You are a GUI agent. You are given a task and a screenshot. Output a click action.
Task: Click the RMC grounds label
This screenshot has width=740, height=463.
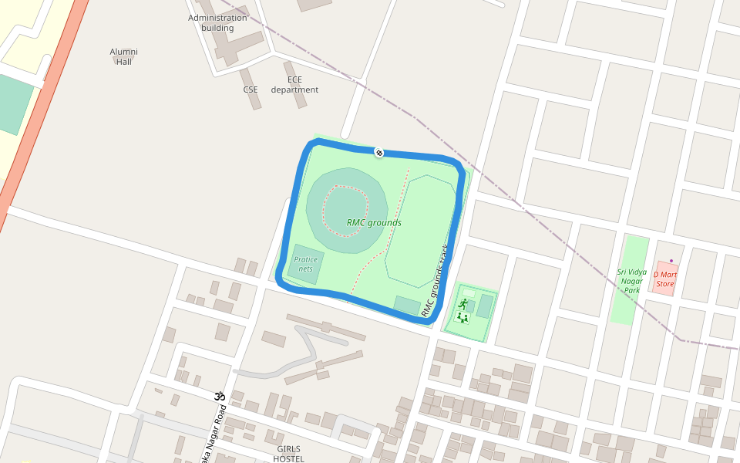click(374, 223)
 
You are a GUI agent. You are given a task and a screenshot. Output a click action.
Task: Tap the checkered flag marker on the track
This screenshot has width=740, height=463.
click(379, 152)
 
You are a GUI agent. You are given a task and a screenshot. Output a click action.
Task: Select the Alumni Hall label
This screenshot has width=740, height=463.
click(123, 56)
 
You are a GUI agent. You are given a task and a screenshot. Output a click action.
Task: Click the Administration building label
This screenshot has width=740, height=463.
click(217, 23)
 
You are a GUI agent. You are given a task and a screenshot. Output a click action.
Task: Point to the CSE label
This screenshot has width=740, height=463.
click(251, 90)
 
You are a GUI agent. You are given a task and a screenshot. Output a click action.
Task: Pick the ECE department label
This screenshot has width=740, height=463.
click(294, 85)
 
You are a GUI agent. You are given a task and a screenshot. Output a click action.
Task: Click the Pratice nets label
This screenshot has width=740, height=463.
click(306, 264)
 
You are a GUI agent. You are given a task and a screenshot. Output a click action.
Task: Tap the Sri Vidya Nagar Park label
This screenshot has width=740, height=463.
click(632, 281)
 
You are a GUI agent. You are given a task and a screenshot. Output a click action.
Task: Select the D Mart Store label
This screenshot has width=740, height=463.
click(664, 279)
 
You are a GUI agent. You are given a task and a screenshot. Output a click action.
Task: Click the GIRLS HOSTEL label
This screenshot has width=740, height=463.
click(288, 454)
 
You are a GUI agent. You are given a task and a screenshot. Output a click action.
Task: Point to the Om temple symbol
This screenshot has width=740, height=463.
click(218, 396)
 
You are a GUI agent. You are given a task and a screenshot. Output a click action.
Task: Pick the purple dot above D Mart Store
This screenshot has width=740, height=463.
click(671, 260)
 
